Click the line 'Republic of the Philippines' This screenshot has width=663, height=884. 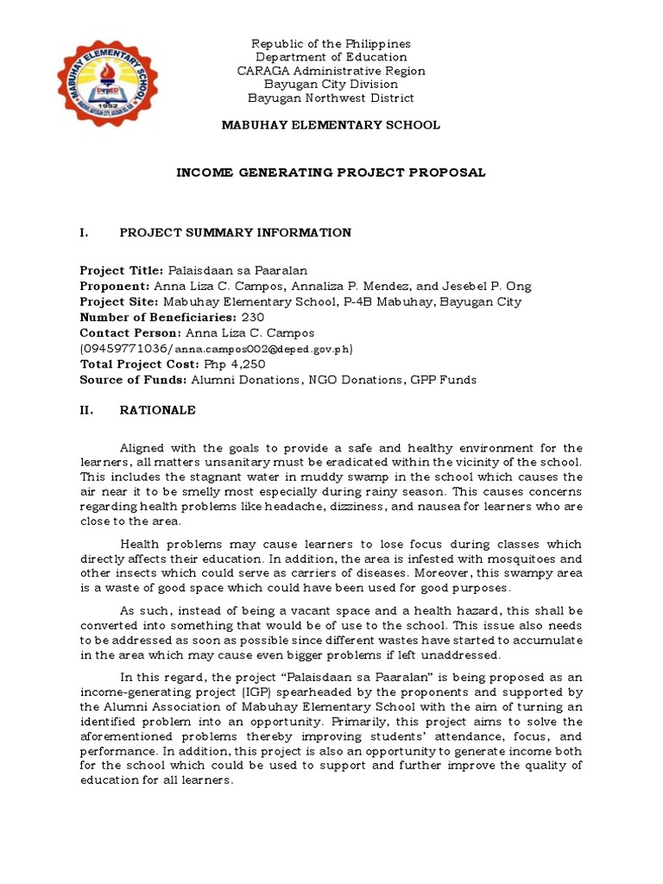[x=331, y=44]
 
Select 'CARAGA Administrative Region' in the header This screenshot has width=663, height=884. [x=331, y=71]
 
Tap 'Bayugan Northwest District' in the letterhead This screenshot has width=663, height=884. [x=331, y=98]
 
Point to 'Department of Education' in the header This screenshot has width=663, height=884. [x=331, y=57]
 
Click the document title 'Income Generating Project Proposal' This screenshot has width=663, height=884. [x=331, y=173]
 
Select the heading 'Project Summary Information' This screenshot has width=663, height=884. [x=235, y=232]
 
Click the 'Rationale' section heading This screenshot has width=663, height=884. [x=157, y=410]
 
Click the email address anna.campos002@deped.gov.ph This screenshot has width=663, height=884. [x=262, y=350]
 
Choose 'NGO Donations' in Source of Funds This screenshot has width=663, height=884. [x=343, y=380]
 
